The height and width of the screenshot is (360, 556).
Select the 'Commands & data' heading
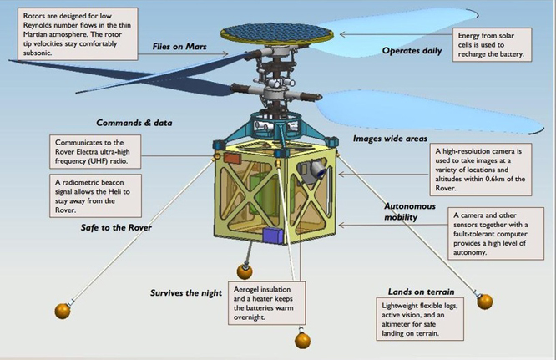click(134, 123)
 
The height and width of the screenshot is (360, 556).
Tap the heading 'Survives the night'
click(187, 293)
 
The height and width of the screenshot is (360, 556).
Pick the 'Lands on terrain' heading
click(421, 292)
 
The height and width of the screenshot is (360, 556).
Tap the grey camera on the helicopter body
click(316, 174)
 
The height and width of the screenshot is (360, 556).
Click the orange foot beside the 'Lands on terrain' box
click(483, 301)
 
